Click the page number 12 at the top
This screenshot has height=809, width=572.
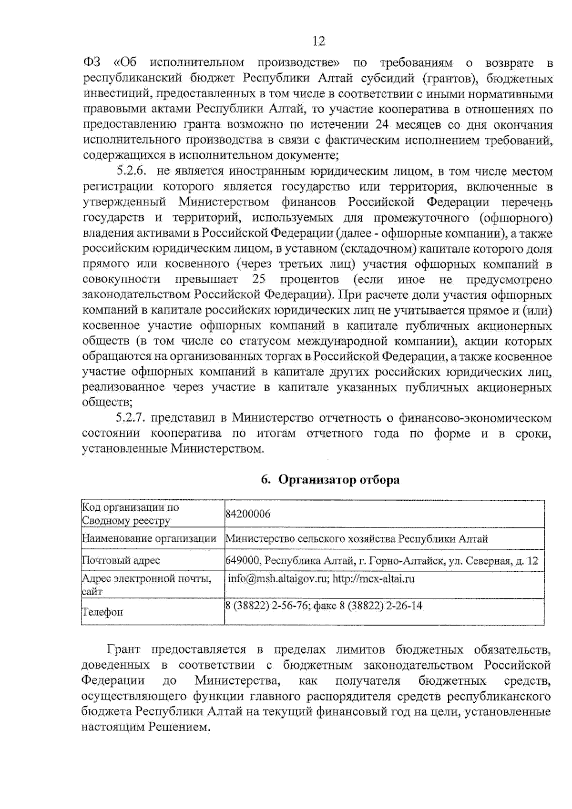pyautogui.click(x=318, y=41)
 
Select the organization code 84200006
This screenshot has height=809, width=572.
pyautogui.click(x=248, y=514)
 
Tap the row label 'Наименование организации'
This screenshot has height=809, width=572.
pyautogui.click(x=149, y=539)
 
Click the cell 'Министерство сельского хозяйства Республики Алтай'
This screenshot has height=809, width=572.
pyautogui.click(x=357, y=539)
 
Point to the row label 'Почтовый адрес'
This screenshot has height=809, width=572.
pyautogui.click(x=121, y=560)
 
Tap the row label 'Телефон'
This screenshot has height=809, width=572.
pyautogui.click(x=102, y=612)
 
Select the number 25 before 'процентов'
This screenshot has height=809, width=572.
pyautogui.click(x=258, y=279)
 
